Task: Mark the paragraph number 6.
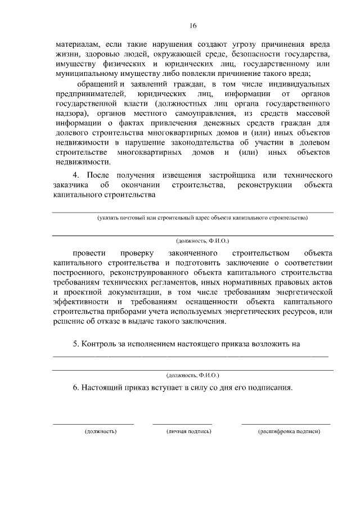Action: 76,388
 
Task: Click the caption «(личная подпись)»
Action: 188,431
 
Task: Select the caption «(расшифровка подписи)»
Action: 289,431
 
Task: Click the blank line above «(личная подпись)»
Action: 182,424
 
